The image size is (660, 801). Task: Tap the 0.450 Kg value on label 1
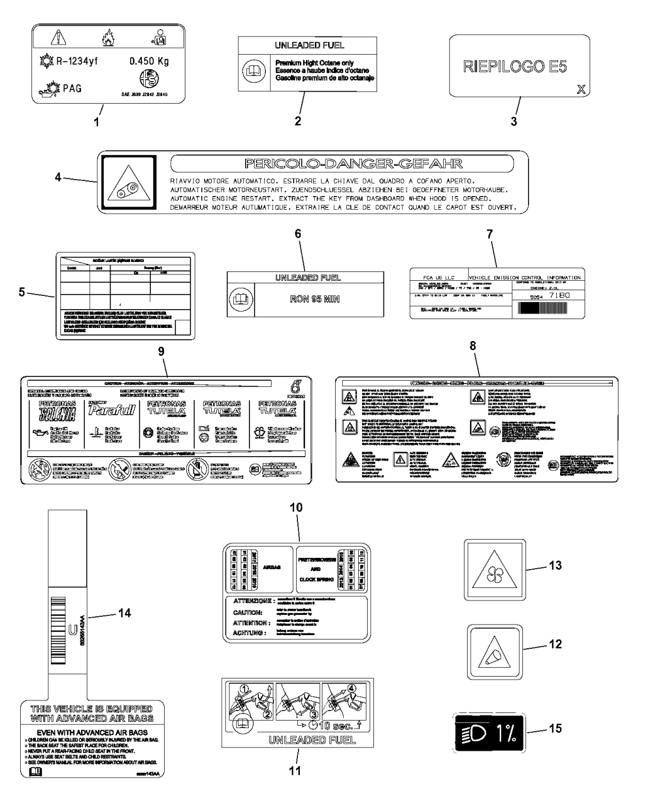(148, 62)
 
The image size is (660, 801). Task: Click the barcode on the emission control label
(549, 308)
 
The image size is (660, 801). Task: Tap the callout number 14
(125, 614)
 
